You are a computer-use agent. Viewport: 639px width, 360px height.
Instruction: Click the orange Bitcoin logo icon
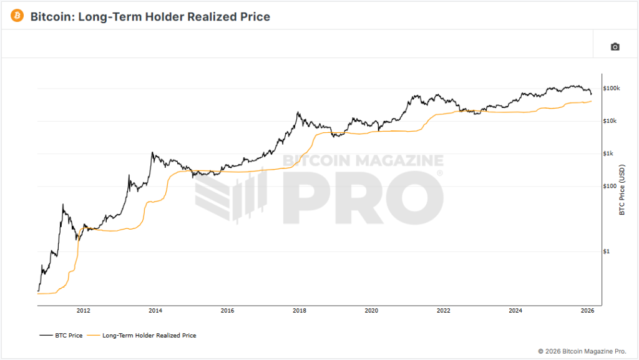coord(17,16)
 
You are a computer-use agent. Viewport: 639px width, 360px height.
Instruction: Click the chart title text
coord(150,17)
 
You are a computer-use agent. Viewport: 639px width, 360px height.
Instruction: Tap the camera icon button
coord(615,47)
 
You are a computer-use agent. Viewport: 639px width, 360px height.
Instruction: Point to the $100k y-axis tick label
coord(611,89)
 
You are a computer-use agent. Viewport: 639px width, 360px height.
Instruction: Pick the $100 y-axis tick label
coord(610,186)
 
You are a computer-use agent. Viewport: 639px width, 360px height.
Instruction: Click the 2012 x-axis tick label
coord(83,310)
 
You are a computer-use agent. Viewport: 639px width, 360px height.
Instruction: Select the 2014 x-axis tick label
coord(155,310)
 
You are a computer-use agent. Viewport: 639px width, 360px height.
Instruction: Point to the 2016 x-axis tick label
coord(227,310)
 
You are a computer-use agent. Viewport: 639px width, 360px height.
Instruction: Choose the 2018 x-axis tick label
coord(300,310)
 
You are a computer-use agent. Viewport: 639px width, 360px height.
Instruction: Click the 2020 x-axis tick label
coord(371,310)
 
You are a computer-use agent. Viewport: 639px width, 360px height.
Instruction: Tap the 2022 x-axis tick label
coord(444,310)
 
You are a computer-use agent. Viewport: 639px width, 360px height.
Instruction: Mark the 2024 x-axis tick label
coord(515,310)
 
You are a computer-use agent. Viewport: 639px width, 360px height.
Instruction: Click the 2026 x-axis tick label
coord(587,310)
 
